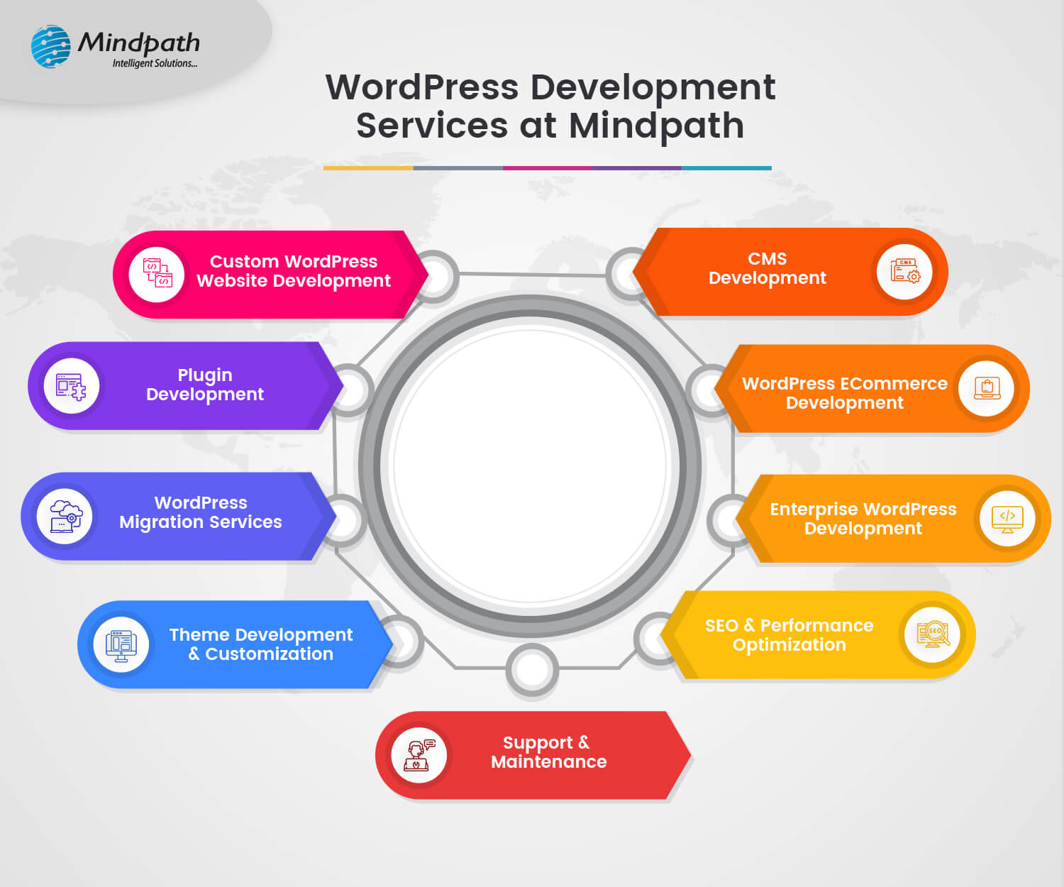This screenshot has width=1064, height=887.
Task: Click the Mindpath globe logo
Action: [x=51, y=47]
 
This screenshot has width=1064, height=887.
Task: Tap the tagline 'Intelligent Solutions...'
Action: [x=155, y=64]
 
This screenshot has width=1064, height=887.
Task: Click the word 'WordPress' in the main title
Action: [x=422, y=87]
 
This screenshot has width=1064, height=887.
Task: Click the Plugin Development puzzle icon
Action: [x=71, y=387]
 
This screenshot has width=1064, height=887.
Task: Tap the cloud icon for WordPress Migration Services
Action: [x=65, y=516]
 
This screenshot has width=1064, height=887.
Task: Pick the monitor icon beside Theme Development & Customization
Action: [x=121, y=644]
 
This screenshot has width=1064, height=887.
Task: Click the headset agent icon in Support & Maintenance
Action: [x=419, y=754]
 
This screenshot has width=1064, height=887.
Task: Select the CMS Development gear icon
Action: [x=904, y=271]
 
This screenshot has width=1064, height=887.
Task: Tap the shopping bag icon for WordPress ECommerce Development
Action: [x=987, y=388]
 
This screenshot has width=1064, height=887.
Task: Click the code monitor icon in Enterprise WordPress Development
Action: [x=1007, y=519]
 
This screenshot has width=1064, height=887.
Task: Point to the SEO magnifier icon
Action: [x=933, y=634]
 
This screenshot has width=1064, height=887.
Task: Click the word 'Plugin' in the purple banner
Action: [x=205, y=375]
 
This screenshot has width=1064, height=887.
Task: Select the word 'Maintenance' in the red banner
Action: [x=549, y=762]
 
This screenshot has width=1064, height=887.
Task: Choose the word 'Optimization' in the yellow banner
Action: [x=789, y=645]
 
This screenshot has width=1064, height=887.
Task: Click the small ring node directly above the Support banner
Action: [x=532, y=668]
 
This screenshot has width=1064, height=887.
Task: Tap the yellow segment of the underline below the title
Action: [x=368, y=168]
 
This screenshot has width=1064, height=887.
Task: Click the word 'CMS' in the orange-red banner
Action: [x=767, y=259]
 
